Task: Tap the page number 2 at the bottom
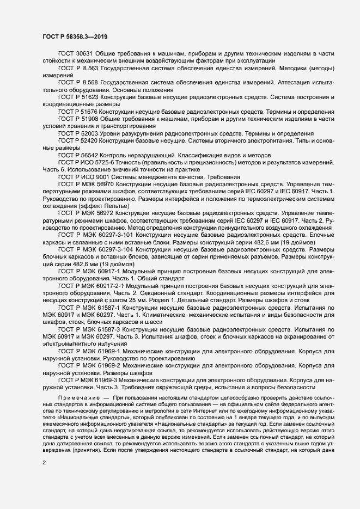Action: [44, 463]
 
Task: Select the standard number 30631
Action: [85, 54]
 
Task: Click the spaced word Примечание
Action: [80, 399]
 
